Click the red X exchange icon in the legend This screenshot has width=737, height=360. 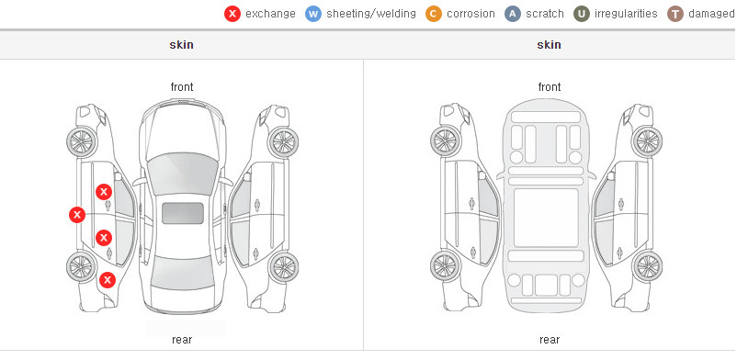click(232, 14)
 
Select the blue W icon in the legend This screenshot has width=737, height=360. click(313, 14)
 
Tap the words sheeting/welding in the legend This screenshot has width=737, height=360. click(371, 14)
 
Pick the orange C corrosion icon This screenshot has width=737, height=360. click(434, 14)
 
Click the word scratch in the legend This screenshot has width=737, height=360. click(545, 14)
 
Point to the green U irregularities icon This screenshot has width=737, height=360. click(582, 14)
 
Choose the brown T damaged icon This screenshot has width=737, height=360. click(675, 14)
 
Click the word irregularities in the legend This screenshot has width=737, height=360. click(626, 14)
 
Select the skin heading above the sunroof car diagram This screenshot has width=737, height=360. click(181, 45)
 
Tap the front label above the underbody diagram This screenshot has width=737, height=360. click(550, 87)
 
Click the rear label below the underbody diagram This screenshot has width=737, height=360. click(550, 340)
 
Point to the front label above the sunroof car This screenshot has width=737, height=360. click(182, 87)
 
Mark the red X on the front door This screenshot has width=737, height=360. click(104, 192)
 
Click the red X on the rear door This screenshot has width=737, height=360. click(104, 238)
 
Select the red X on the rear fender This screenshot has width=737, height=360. click(108, 280)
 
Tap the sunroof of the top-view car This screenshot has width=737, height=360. click(183, 213)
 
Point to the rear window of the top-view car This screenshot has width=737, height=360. click(183, 273)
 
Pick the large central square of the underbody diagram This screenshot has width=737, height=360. click(546, 218)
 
